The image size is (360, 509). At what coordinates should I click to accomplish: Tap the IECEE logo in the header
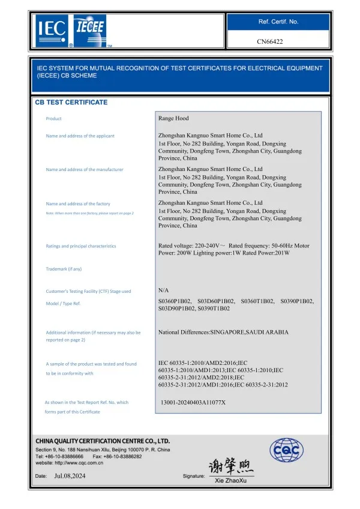[x=89, y=29]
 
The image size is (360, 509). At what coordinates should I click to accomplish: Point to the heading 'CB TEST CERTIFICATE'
[x=71, y=103]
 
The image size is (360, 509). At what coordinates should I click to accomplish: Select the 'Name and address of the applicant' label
[x=80, y=136]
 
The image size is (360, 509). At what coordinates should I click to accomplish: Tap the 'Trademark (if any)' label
[x=64, y=269]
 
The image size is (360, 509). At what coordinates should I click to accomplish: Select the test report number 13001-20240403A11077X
[x=193, y=402]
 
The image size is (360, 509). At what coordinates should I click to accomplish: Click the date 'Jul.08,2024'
[x=71, y=475]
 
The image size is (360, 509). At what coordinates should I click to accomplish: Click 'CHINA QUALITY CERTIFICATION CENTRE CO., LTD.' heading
[x=103, y=441]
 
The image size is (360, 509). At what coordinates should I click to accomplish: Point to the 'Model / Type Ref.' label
[x=63, y=304]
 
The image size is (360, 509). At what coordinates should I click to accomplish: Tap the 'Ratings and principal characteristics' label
[x=81, y=246]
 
